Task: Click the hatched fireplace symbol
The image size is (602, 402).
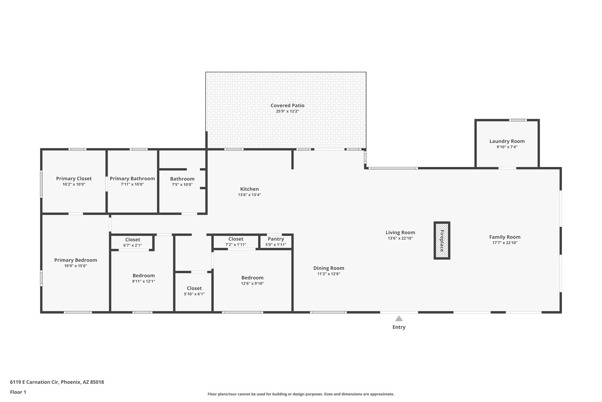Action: click(x=442, y=240)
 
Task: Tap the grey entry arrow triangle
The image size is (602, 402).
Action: click(x=399, y=319)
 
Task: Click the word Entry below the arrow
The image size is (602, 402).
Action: click(x=399, y=327)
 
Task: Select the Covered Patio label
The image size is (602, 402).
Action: click(x=287, y=105)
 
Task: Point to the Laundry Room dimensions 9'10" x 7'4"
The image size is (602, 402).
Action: click(x=507, y=147)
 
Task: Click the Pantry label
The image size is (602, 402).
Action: click(x=276, y=239)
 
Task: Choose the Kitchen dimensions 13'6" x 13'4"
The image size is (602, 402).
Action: click(x=249, y=195)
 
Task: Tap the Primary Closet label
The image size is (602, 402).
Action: click(x=74, y=178)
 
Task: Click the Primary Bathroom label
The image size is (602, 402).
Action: click(x=132, y=178)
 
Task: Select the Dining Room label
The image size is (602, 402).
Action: click(x=328, y=268)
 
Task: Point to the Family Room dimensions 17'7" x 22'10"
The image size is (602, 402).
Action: click(x=505, y=243)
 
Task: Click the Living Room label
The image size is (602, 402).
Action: click(x=400, y=232)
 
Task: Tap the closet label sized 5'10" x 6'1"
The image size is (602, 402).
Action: click(x=194, y=288)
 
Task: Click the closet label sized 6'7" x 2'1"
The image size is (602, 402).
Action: click(x=133, y=240)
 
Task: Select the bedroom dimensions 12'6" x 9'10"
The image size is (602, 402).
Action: click(x=252, y=284)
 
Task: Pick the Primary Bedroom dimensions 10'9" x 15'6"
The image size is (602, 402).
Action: click(x=76, y=266)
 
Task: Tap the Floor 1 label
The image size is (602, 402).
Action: click(x=18, y=392)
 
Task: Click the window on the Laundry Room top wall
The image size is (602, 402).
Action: click(x=518, y=120)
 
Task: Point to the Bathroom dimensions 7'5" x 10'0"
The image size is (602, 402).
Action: click(x=182, y=185)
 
